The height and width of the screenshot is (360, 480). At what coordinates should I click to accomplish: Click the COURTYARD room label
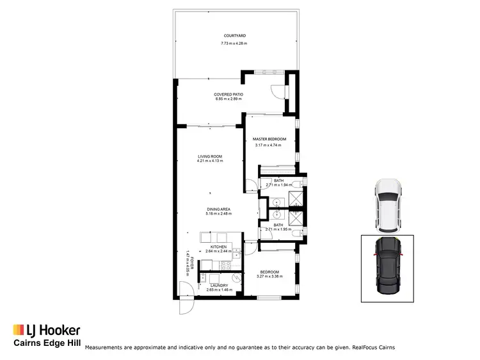pos(235,36)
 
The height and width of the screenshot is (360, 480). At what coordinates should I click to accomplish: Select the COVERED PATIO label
pos(228,94)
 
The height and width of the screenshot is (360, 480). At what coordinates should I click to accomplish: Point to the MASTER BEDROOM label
pos(269,139)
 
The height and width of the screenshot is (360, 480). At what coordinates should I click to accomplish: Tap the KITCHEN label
pos(218,247)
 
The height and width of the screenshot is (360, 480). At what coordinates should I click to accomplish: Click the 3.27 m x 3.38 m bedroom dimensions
pos(269,277)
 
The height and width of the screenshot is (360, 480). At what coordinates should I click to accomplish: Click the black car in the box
pos(388,268)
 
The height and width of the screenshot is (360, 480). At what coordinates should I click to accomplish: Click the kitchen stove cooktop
pos(226,264)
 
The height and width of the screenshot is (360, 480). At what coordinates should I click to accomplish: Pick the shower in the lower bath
pos(296,219)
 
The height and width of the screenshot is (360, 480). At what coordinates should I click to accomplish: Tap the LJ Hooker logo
pos(47,331)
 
